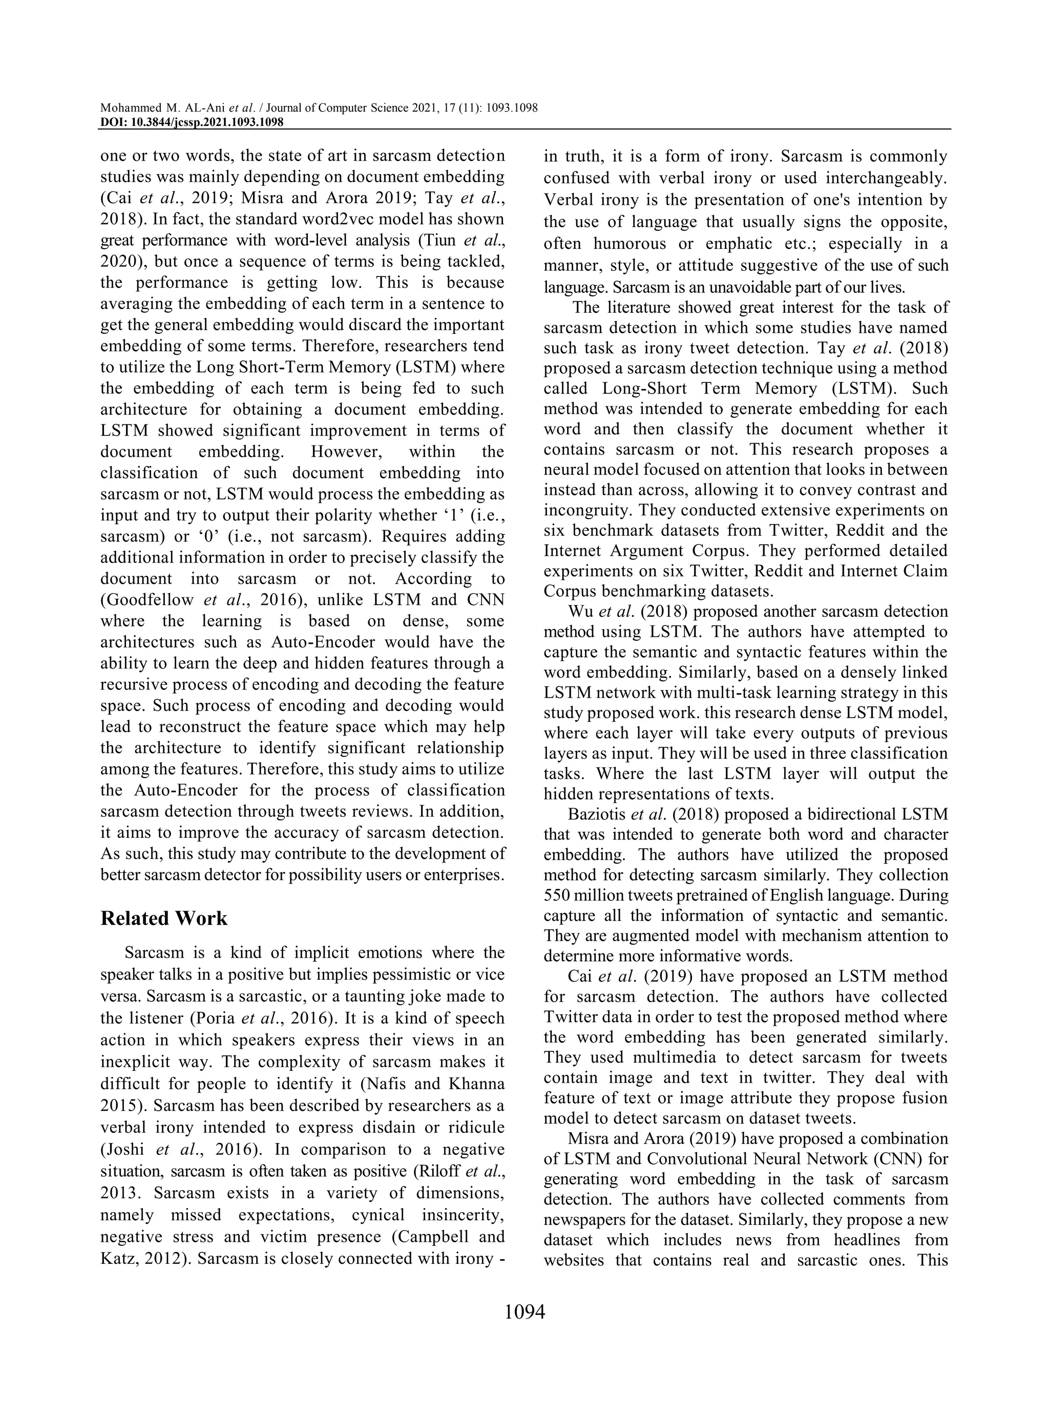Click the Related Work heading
coord(163,919)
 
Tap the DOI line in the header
coord(191,122)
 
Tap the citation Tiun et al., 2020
coord(469,241)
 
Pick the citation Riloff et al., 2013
coord(463,1172)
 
